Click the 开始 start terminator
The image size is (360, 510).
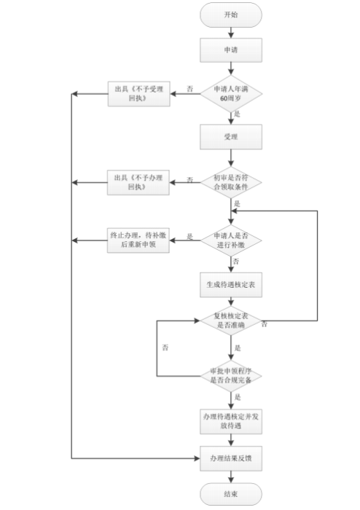click(x=230, y=15)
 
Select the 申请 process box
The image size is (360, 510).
click(x=230, y=51)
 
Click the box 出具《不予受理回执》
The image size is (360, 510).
click(x=139, y=93)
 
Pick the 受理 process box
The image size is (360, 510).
click(x=230, y=136)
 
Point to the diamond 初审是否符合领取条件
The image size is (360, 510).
click(x=230, y=181)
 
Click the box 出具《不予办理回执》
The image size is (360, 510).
click(x=139, y=181)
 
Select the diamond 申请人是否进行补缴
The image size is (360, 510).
click(x=230, y=241)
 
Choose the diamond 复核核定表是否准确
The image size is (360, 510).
click(x=230, y=321)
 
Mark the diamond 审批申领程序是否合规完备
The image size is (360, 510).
click(x=230, y=375)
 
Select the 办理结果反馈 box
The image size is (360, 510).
click(x=230, y=458)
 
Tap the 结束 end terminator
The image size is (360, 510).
click(x=230, y=494)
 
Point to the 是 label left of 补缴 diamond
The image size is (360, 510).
click(x=190, y=236)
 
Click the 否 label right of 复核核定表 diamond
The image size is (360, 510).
click(x=264, y=323)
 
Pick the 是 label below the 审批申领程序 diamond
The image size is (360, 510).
click(x=238, y=398)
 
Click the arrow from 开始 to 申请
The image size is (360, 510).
click(x=230, y=32)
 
